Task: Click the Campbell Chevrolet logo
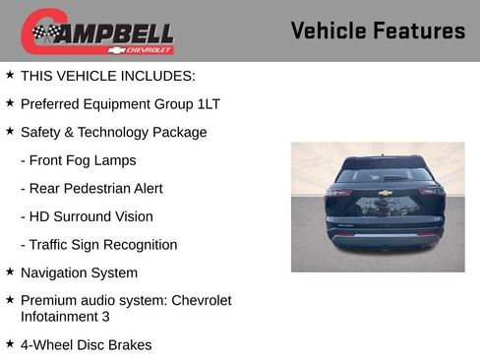click(97, 31)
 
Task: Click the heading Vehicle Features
click(378, 30)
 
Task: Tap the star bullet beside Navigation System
click(10, 271)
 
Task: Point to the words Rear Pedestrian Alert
click(91, 189)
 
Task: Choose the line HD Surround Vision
click(87, 216)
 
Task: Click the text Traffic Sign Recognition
click(98, 245)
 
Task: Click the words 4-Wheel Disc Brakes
click(86, 344)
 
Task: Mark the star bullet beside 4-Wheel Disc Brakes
click(10, 343)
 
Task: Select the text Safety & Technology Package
click(113, 132)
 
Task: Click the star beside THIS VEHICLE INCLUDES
click(10, 74)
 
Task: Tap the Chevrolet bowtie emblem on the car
click(386, 193)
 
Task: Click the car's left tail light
click(339, 193)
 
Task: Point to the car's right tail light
click(431, 193)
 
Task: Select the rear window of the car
click(385, 174)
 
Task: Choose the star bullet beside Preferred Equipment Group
click(10, 102)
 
